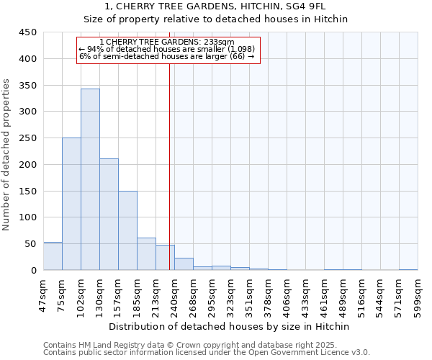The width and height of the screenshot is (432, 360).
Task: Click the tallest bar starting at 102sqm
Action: (x=90, y=180)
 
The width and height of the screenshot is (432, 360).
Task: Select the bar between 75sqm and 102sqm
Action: (x=71, y=204)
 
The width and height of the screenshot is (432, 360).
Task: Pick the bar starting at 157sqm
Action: (x=127, y=230)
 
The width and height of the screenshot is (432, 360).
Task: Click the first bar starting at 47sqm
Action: (x=53, y=256)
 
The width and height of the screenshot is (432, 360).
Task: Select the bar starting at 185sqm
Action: (x=146, y=254)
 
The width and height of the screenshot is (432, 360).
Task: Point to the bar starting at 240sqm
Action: (x=184, y=264)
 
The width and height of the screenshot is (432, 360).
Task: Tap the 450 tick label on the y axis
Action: (x=28, y=32)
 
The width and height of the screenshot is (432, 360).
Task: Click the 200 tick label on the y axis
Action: (x=28, y=165)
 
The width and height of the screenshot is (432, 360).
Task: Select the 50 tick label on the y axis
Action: (x=31, y=244)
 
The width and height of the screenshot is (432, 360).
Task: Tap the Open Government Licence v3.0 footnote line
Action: (x=207, y=353)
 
